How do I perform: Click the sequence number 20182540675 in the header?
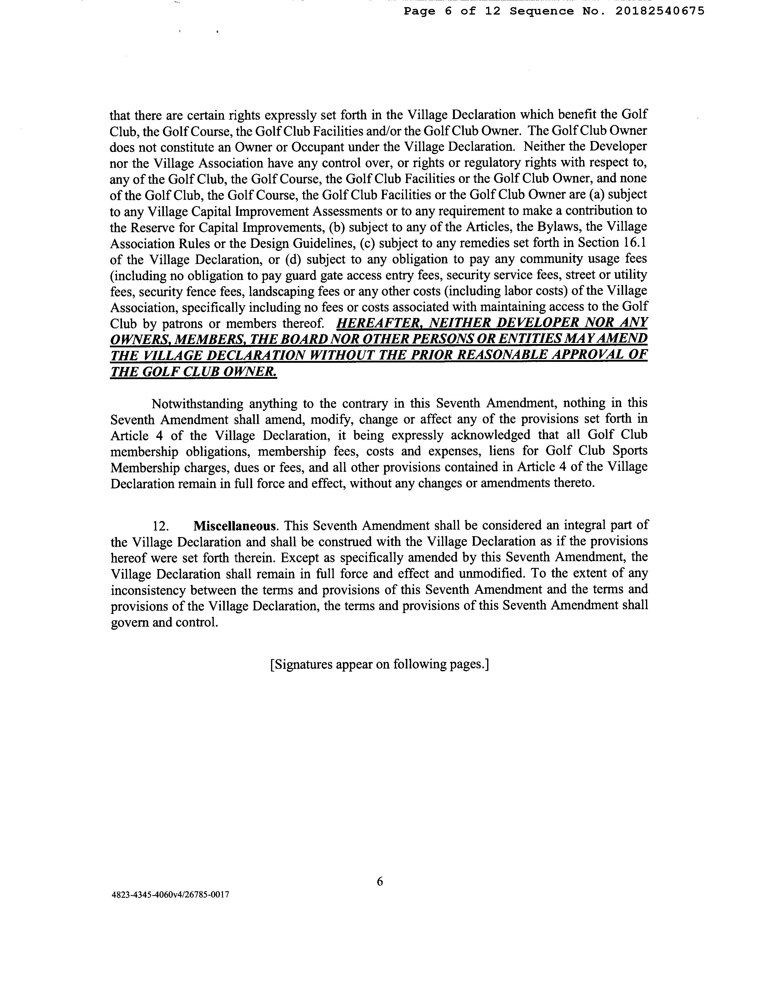pos(660,11)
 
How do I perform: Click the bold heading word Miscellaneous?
pos(235,526)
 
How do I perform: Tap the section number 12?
pos(161,526)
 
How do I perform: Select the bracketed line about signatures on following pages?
pos(379,664)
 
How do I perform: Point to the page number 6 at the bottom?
pos(379,881)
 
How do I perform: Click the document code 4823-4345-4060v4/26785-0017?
pos(170,895)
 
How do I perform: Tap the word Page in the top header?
pos(419,11)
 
